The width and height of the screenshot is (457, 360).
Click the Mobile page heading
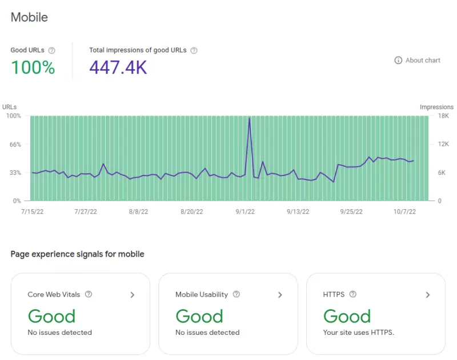coord(29,17)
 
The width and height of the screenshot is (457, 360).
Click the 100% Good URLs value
coord(33,68)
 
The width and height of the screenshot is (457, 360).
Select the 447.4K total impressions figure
coord(118,68)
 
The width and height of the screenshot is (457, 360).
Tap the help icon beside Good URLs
coord(52,50)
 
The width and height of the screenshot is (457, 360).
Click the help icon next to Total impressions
coord(194,50)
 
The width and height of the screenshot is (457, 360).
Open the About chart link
coord(418,60)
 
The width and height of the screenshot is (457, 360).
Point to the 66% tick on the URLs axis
coord(14,145)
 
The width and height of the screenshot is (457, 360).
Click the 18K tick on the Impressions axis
coord(427,116)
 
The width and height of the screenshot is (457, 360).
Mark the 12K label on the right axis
coord(427,145)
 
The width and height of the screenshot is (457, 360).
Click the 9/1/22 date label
coord(244,211)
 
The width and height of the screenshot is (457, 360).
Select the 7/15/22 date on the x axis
coord(33,211)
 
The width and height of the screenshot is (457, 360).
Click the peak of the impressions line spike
coord(250,118)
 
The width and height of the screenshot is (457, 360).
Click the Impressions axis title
coord(436,107)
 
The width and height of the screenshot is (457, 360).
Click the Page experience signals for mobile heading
coord(77,254)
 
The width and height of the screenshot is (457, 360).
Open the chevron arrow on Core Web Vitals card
coord(132,295)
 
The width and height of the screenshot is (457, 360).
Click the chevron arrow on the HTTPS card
coord(428,295)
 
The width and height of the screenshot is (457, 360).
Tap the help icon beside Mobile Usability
coord(236,295)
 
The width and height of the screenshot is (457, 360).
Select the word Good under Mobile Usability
coord(199,316)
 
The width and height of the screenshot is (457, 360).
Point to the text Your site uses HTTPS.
coord(358,332)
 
